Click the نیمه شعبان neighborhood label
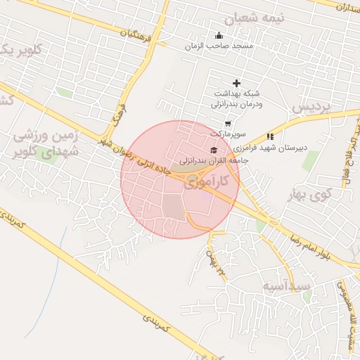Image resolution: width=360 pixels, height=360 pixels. [x=251, y=17]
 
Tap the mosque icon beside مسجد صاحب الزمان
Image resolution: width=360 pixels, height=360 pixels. [x=219, y=37]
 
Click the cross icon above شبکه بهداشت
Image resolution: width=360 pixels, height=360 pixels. [x=236, y=84]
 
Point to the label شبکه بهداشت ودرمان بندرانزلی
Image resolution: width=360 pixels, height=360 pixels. [x=237, y=98]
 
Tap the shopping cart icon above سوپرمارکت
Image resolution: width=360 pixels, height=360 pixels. [x=226, y=124]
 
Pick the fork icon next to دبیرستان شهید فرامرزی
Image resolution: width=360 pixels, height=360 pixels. [x=270, y=136]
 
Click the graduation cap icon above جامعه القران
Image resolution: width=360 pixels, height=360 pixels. [x=214, y=150]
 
